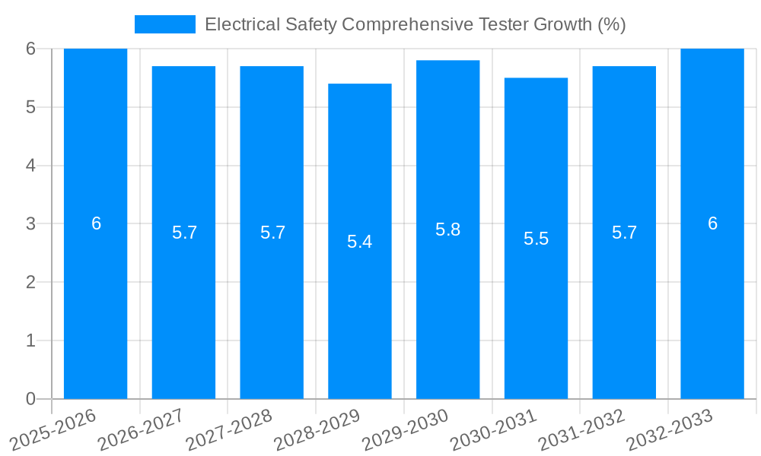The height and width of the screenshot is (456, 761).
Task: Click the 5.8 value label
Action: tap(448, 230)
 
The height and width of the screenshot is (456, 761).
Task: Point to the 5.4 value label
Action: tap(360, 242)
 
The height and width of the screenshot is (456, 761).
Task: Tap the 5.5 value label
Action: tap(536, 239)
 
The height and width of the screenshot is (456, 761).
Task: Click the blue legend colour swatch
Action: tap(164, 24)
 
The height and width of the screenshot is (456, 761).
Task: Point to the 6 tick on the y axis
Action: tap(30, 49)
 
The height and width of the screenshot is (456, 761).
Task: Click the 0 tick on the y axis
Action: tap(30, 399)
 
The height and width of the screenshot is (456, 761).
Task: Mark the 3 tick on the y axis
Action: tap(30, 224)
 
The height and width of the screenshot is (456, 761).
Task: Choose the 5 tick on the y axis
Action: tap(30, 107)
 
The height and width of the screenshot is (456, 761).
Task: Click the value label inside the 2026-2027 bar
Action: tap(184, 233)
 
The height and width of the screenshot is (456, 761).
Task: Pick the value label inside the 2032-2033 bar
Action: tap(712, 223)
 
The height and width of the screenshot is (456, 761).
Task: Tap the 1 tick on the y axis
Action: tap(30, 340)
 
